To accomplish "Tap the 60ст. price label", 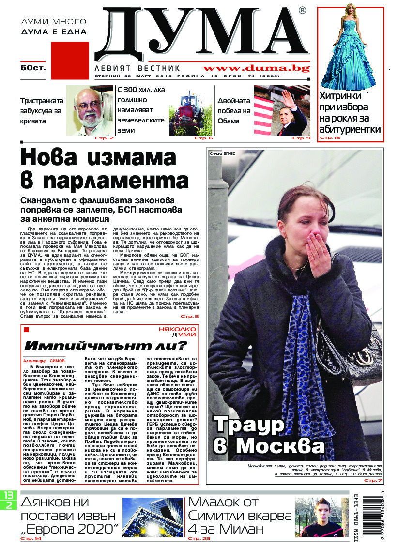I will (x=32, y=68).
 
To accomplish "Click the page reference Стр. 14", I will (x=31, y=538).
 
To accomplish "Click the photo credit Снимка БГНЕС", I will (x=223, y=153).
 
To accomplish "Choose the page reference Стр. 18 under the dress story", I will (x=330, y=138).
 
